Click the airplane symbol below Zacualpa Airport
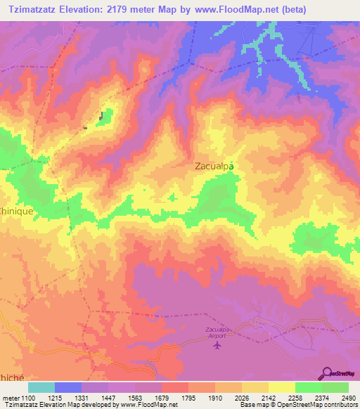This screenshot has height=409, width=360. (x=218, y=345)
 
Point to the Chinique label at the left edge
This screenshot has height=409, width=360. (x=17, y=210)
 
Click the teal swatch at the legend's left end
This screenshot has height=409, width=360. (x=41, y=387)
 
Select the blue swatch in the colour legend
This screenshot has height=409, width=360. (x=68, y=387)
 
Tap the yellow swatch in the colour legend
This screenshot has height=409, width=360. (x=281, y=387)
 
